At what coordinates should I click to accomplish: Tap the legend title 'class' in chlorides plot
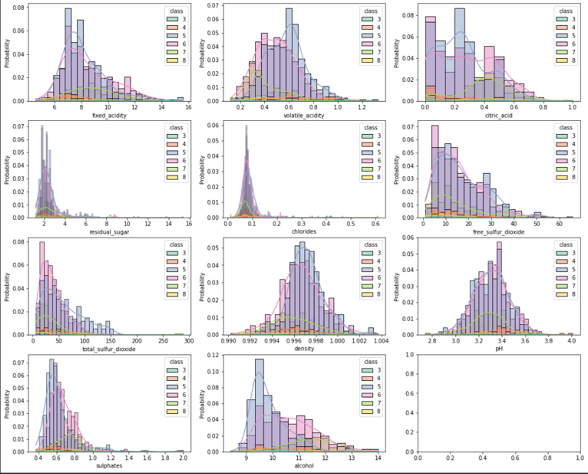tap(370, 127)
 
